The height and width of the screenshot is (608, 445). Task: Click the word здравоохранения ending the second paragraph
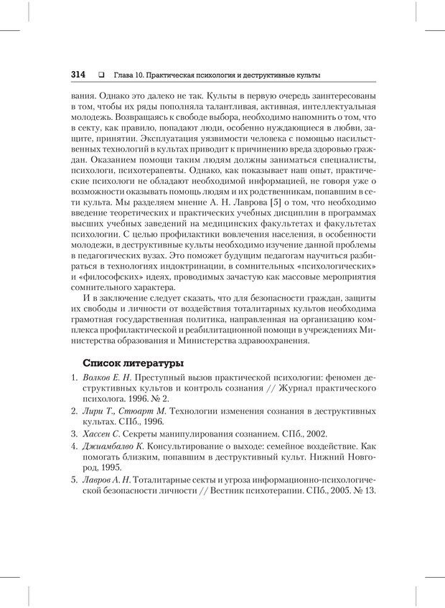(x=275, y=341)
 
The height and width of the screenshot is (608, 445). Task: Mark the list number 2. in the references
(x=75, y=411)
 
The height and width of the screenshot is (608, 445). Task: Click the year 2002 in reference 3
(x=313, y=434)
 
